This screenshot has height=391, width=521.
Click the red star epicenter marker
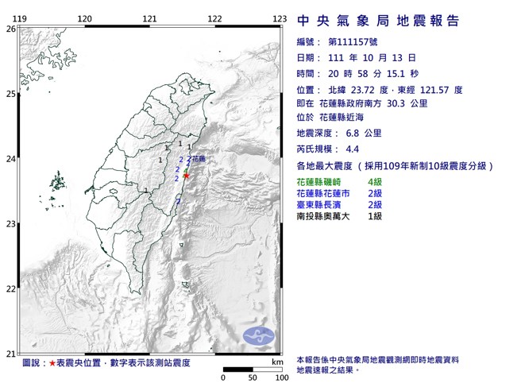(186, 175)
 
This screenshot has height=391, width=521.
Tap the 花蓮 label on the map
(199, 160)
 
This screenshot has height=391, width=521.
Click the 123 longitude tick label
(279, 18)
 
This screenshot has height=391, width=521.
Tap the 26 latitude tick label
(10, 29)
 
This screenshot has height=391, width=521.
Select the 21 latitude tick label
(10, 354)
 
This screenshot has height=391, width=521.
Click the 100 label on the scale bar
(280, 377)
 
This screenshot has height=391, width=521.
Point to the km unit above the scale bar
(276, 362)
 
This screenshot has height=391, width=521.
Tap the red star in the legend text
(52, 363)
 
